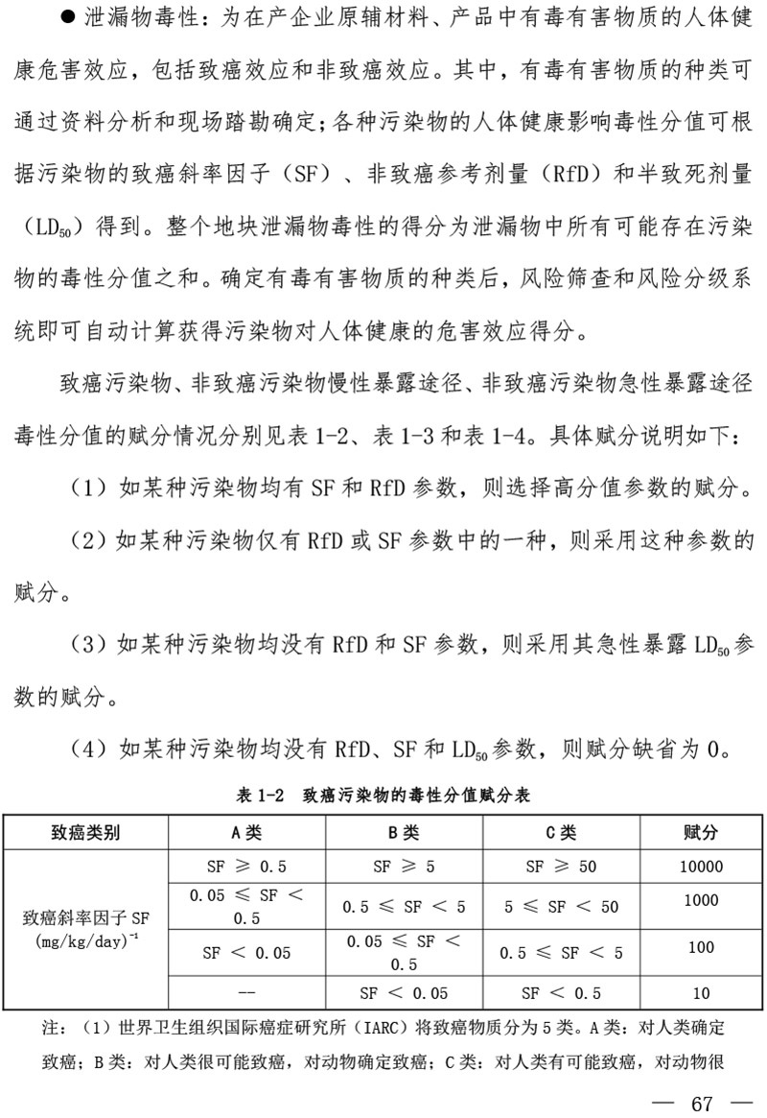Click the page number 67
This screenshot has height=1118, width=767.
pos(702,1103)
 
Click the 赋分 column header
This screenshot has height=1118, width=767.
pos(701,832)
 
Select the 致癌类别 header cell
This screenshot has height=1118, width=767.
pos(85,832)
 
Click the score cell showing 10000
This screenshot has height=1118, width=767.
pos(701,867)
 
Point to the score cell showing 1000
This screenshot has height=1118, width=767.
pos(701,900)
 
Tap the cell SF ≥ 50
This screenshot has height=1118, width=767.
pos(561,867)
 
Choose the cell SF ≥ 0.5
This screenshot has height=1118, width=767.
pos(246,867)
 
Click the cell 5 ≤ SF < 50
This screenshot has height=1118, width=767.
pos(561,906)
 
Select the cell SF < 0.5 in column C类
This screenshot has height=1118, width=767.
pos(561,993)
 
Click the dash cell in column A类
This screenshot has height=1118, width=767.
pos(246,993)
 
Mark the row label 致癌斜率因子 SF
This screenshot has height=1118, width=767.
pos(85,918)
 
